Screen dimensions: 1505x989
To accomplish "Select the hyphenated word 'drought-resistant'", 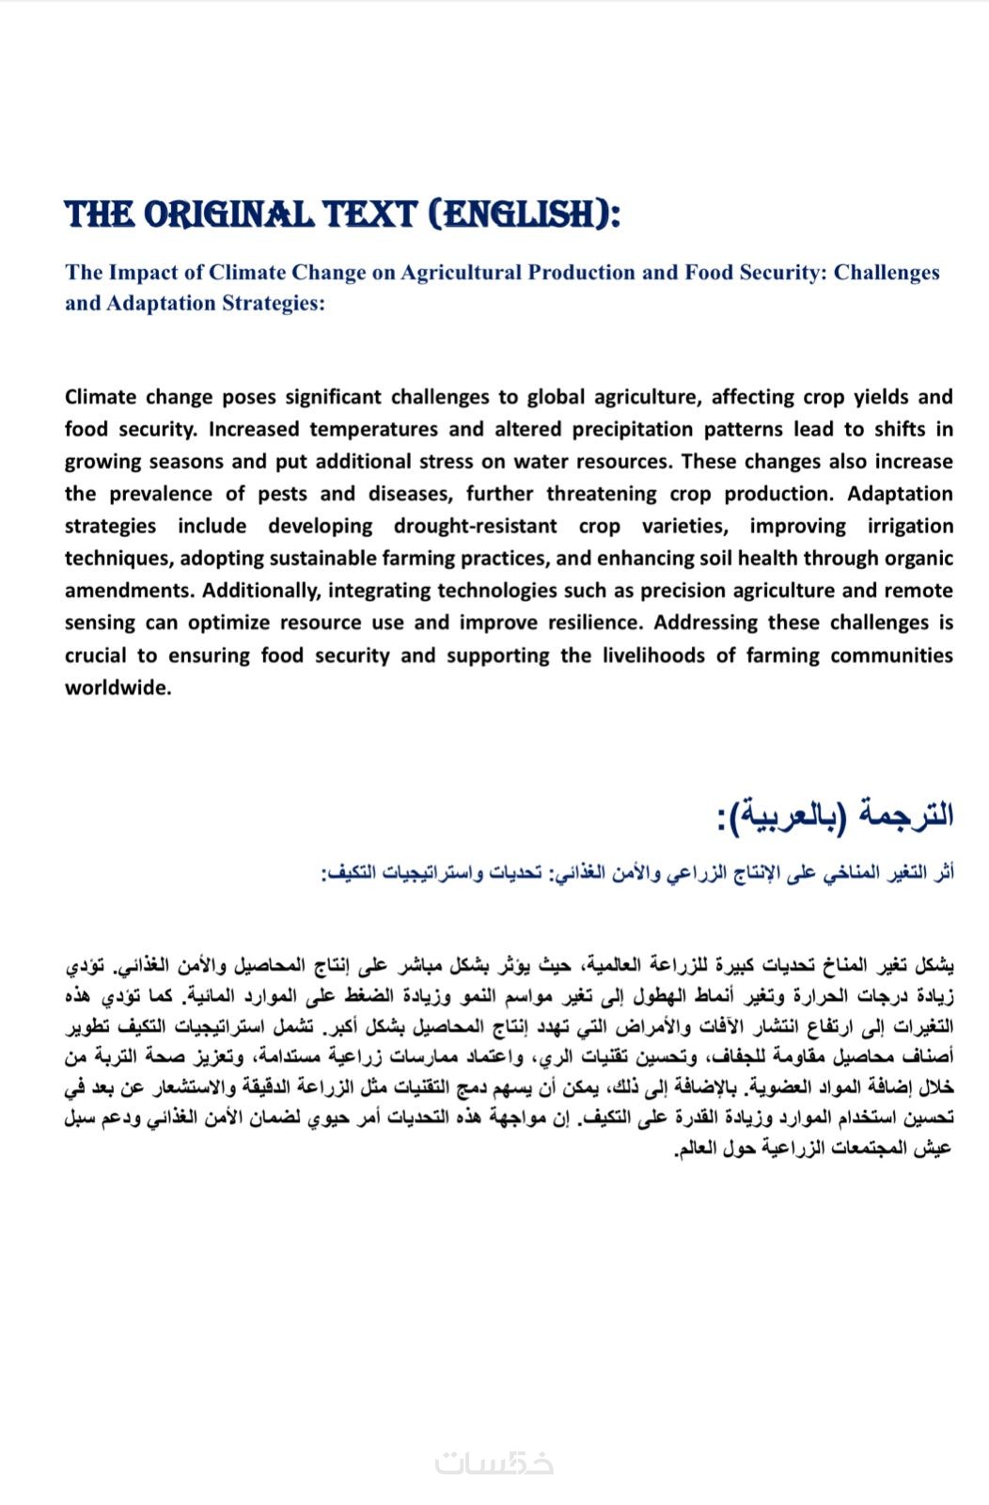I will click(x=475, y=527).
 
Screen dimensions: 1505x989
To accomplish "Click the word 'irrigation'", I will click(x=910, y=527).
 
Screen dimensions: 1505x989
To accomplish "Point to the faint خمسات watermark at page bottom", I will click(x=494, y=1464).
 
